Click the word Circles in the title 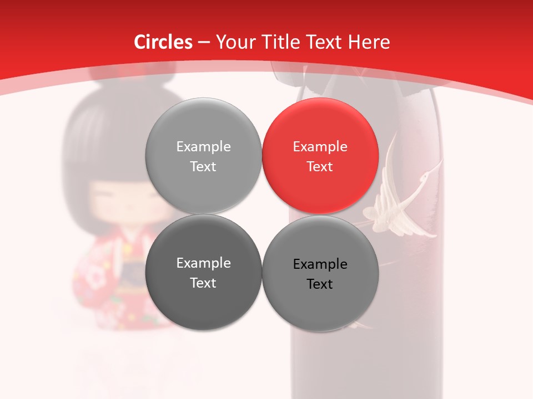coord(163,42)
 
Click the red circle coord(320,156)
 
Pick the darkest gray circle coord(203,272)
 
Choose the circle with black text coord(320,273)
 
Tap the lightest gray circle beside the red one coord(203,156)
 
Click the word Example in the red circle coord(320,146)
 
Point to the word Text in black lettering coord(320,284)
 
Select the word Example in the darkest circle coord(203,263)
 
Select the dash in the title coord(204,42)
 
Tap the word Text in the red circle coord(320,166)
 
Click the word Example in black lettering coord(320,264)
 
